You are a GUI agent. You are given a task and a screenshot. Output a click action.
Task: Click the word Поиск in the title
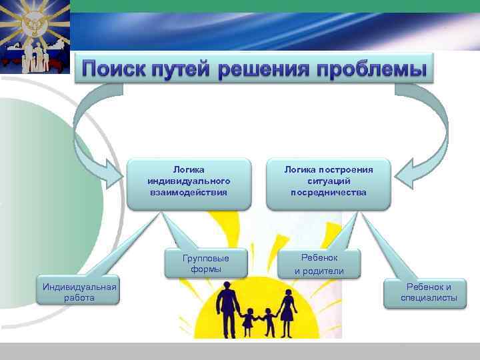point(117,69)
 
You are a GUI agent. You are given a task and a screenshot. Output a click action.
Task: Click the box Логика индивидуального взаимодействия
point(189,181)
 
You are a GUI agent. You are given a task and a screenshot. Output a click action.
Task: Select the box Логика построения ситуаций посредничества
point(328,181)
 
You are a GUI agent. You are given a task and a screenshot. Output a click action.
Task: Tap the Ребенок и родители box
point(319,264)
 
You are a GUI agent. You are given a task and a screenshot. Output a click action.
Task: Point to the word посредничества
point(328,193)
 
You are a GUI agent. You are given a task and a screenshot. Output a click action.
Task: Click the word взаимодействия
point(189,193)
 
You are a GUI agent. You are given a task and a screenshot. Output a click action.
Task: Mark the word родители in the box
point(325,271)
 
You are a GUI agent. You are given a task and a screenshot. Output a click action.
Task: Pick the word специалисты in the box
point(429,298)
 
